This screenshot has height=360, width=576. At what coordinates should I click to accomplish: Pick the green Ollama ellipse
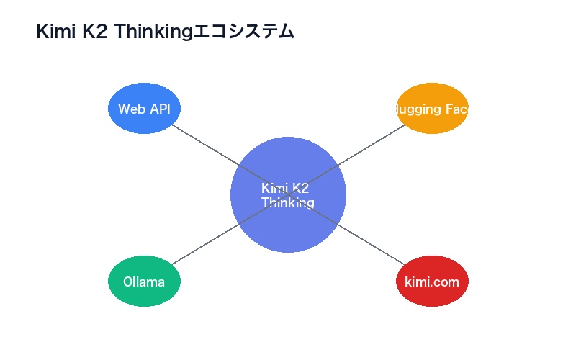[144, 295]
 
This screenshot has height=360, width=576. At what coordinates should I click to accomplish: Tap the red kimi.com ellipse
[432, 295]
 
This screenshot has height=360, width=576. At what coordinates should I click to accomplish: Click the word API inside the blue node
[158, 109]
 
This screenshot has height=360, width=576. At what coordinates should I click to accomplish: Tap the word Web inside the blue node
[131, 109]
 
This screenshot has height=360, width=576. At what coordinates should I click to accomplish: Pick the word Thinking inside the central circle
[288, 203]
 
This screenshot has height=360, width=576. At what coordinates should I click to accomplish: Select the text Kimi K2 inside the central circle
[285, 188]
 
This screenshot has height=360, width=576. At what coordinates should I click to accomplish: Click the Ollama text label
[144, 282]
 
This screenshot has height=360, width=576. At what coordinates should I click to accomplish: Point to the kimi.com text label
[432, 282]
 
